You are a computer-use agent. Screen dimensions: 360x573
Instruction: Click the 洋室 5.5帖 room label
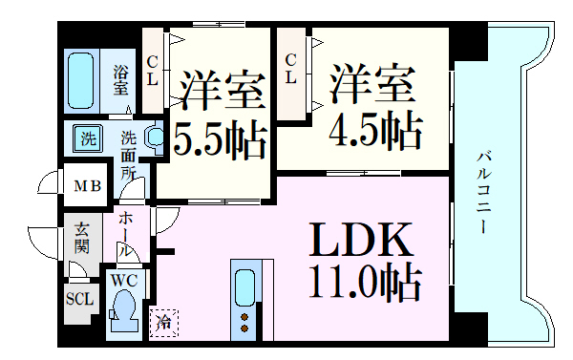[219, 114]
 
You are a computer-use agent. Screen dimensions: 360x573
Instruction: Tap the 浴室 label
[120, 80]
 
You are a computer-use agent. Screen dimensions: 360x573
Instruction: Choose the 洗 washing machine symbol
[87, 138]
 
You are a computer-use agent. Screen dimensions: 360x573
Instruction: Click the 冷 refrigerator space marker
[163, 323]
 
